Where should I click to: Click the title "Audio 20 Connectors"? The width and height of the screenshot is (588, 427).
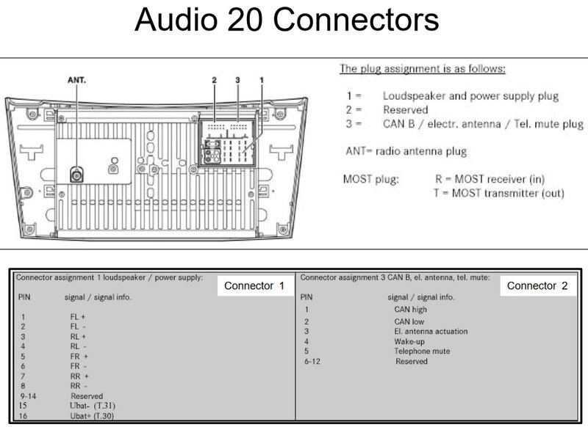(287, 20)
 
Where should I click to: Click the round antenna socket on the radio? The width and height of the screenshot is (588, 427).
(76, 174)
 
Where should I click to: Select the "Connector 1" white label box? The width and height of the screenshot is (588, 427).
(254, 285)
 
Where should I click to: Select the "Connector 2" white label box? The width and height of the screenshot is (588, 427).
(537, 285)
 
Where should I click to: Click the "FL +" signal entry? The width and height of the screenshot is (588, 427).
(79, 316)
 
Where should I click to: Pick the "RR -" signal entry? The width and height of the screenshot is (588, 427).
(79, 385)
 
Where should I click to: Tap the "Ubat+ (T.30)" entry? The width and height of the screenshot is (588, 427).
(93, 415)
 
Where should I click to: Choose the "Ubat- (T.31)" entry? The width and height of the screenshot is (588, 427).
(93, 405)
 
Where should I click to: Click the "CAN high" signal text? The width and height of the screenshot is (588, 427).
(410, 310)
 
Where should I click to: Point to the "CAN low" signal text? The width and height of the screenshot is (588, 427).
(409, 321)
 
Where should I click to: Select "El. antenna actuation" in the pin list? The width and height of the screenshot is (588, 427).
(431, 332)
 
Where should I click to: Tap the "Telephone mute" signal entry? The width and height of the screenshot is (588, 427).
(422, 351)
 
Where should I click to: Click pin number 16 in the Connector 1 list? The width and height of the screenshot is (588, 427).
(24, 415)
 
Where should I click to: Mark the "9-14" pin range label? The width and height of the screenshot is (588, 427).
(28, 395)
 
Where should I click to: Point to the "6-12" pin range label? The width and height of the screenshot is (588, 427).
(312, 362)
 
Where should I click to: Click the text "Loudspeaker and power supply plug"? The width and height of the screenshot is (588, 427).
(470, 96)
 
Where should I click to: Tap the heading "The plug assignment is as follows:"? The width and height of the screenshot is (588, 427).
(422, 69)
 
